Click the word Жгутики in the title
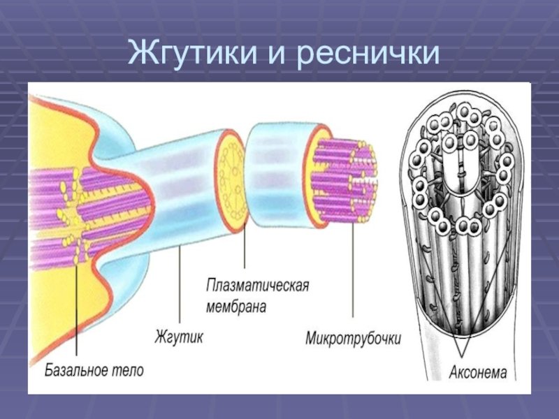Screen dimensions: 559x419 tap(193, 52)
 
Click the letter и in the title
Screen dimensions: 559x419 tap(277, 54)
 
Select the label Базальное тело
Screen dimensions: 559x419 tap(94, 370)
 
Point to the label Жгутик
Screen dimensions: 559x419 tap(179, 337)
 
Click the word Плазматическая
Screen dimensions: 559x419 tap(258, 286)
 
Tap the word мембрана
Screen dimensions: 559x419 tap(236, 306)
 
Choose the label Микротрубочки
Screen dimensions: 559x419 tap(353, 338)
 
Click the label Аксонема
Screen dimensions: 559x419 tap(478, 373)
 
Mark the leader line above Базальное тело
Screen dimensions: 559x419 tap(76, 306)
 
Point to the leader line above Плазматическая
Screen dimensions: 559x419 tap(245, 246)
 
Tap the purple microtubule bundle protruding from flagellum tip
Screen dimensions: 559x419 tap(344, 181)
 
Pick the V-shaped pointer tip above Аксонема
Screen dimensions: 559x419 tap(461, 355)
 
